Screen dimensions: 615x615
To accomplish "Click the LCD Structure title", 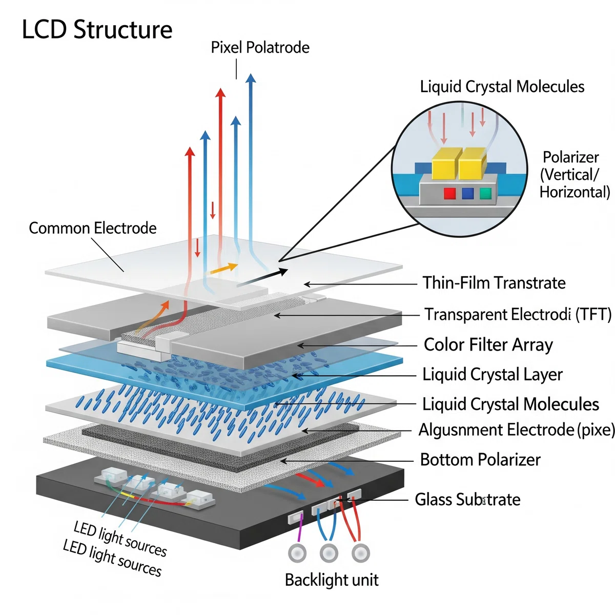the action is coord(97,30).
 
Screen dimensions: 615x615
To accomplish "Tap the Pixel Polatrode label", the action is coord(260,48).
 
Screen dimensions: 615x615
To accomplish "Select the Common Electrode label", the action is coord(93,228).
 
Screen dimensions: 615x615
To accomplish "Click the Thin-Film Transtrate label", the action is coord(494,283).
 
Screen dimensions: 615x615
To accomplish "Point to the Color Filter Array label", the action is coord(488,345).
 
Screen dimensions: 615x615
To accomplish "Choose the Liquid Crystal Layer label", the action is coord(493,375).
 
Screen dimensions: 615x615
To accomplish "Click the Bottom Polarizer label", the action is coord(480,460).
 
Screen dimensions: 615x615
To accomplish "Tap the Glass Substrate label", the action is coord(467,500).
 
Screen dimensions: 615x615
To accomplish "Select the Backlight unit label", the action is coord(332,580).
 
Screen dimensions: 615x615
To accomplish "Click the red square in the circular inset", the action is coord(449,193).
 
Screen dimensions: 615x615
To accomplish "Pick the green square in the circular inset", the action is coord(485,193).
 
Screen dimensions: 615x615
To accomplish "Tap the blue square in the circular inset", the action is coord(467,193).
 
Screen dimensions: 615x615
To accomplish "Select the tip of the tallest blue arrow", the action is coord(251,74).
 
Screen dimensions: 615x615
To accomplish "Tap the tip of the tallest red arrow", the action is coord(220,88).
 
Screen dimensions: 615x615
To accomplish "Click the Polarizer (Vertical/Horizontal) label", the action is coord(575,175).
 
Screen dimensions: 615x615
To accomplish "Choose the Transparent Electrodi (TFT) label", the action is coord(518,314).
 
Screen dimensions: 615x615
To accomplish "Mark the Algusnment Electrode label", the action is coord(517,429).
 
